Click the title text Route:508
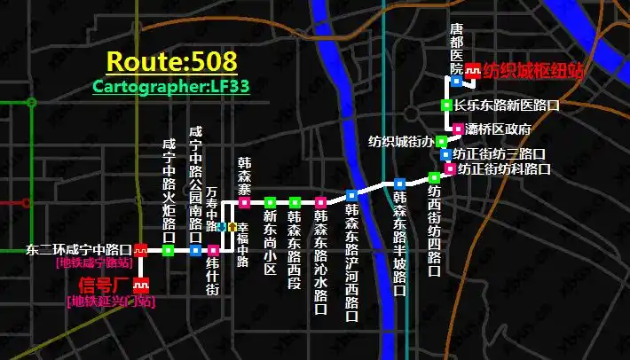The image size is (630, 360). [x=171, y=61]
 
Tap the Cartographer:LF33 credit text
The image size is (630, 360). [x=171, y=86]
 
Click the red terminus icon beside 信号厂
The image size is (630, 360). [x=139, y=285]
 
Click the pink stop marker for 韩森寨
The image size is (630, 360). [x=244, y=203]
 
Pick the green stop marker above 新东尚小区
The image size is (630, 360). [x=270, y=203]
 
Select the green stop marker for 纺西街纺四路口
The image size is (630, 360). [x=434, y=177]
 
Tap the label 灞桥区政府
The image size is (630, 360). [x=498, y=129]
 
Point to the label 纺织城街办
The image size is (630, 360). [x=401, y=142]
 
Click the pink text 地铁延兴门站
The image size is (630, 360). [x=111, y=301]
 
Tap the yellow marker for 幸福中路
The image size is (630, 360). [x=232, y=227]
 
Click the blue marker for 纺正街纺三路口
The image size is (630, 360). [x=445, y=154]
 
